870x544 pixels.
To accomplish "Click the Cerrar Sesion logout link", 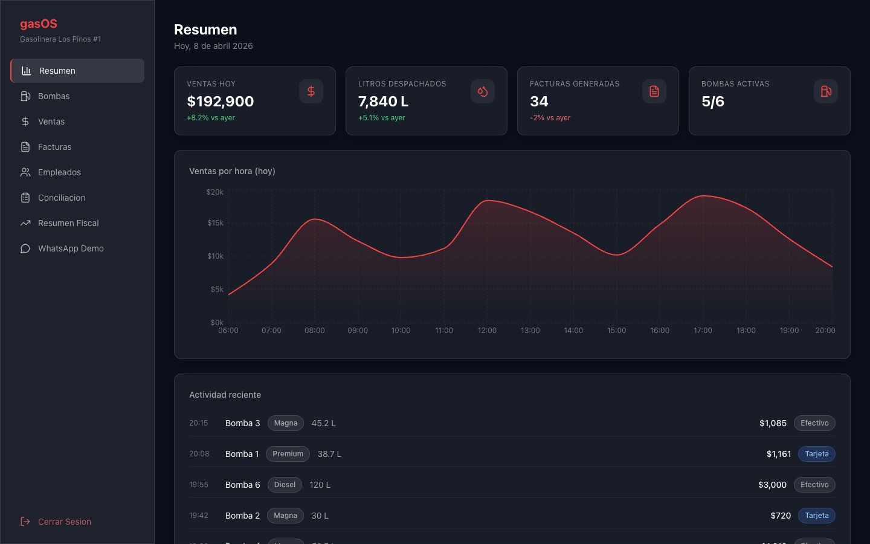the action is (x=56, y=522).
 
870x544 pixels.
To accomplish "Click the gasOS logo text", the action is (x=39, y=24).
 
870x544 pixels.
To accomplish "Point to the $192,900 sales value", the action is (x=220, y=102).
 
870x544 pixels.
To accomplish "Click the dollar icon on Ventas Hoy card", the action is (x=311, y=91).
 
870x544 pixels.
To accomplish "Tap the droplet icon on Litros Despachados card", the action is (x=482, y=91).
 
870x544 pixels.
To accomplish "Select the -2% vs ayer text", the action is (x=550, y=118).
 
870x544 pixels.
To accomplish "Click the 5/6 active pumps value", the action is (x=713, y=102).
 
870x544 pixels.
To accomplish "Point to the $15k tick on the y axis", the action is (x=215, y=223).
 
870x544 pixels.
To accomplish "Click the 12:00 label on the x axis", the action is (x=487, y=331).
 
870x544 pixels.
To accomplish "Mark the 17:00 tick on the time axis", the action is (x=703, y=331).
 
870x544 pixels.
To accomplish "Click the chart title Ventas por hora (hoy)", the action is (x=232, y=171).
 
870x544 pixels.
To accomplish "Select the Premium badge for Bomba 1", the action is (x=288, y=454).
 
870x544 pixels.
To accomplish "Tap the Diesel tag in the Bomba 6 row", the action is (x=285, y=485).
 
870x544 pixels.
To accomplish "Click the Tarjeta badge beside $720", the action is (x=816, y=516).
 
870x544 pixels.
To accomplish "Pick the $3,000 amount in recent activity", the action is (x=772, y=485).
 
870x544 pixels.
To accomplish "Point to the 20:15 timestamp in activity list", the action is (x=198, y=423).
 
